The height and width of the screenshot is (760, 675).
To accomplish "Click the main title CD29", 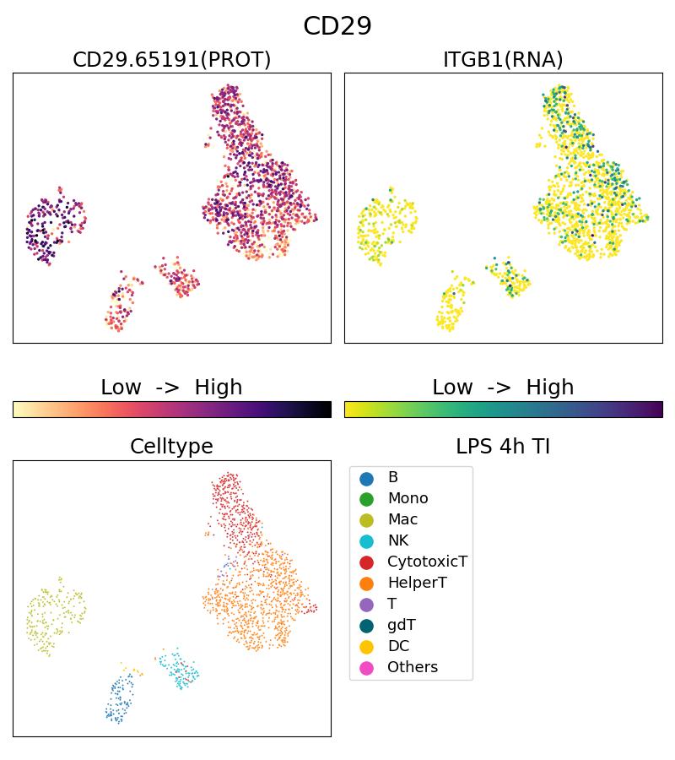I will point(337,26).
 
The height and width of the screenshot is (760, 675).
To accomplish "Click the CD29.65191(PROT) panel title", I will point(171,60).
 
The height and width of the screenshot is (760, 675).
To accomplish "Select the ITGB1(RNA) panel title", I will point(503,60).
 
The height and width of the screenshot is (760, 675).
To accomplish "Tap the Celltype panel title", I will point(171,447).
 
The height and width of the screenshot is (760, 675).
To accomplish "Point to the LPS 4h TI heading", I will point(503,447).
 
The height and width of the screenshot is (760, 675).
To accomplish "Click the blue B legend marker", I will point(366,478).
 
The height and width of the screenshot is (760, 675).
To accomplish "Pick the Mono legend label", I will point(408,498).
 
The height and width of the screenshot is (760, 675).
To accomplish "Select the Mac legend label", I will point(402,519).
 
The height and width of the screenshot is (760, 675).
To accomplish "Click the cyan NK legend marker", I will point(366,541).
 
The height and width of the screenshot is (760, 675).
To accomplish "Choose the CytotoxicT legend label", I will point(427,562).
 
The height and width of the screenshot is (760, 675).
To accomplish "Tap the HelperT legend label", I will point(417,583).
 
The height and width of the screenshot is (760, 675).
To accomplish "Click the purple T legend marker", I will point(366,605).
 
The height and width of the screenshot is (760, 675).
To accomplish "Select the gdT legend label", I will point(402,625).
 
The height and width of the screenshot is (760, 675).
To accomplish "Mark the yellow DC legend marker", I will point(366,647).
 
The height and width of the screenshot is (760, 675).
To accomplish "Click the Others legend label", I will point(413,667).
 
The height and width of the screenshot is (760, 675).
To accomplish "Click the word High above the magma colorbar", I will point(219,388).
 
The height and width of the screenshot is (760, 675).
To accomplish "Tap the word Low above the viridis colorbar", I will point(452,388).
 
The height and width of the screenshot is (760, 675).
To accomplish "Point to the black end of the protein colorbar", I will point(327,410).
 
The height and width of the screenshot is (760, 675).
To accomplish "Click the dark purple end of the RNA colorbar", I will point(658,410).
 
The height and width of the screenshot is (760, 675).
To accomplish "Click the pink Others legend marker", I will point(366,668).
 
